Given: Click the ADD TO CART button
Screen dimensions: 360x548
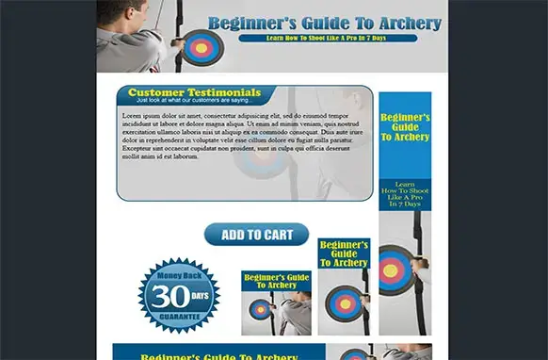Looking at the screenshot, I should click(x=256, y=235).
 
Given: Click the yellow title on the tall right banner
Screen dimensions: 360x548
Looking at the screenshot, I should click(x=405, y=127).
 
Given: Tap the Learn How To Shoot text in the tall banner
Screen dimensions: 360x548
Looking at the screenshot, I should click(x=405, y=193).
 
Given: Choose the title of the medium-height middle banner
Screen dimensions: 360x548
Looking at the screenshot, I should click(x=344, y=254).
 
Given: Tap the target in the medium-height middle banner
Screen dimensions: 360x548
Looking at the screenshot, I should click(x=344, y=302).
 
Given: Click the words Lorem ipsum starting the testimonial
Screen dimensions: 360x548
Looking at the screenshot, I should click(x=143, y=115).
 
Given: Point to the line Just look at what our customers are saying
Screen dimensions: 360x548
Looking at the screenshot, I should click(x=193, y=100).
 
